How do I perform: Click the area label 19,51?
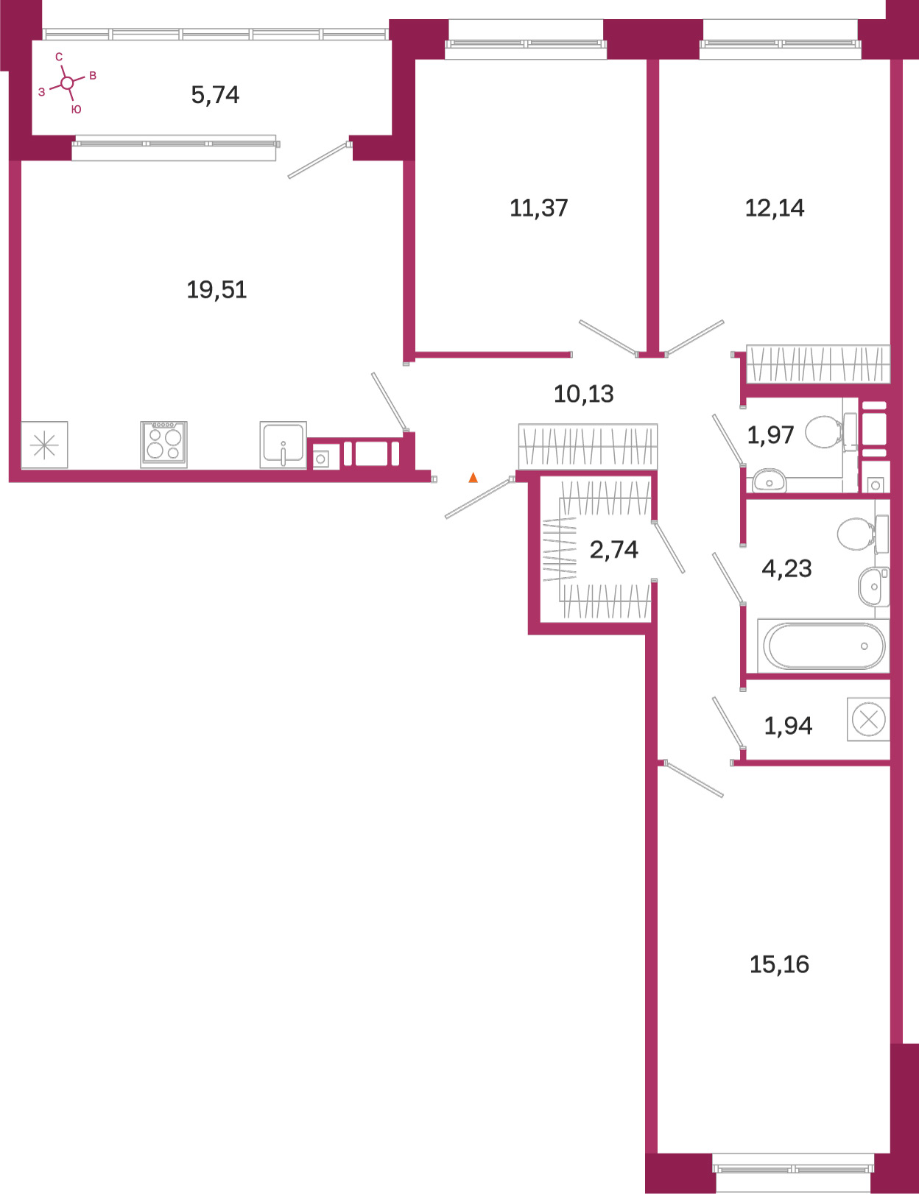[216, 289]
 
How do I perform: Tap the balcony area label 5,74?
[215, 94]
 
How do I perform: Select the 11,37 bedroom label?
[538, 208]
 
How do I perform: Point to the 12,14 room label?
[775, 208]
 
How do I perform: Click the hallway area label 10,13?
[583, 394]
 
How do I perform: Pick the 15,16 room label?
[779, 964]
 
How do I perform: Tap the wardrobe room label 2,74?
[614, 549]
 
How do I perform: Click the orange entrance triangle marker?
[473, 477]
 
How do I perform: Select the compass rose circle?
[67, 83]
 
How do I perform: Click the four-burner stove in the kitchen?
[163, 444]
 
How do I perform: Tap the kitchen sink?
[283, 445]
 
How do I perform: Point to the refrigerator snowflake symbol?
[44, 445]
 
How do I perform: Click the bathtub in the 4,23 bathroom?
[823, 646]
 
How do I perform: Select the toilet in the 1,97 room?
[831, 432]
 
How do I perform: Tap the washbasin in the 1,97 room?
[769, 481]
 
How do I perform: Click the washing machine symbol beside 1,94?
[868, 719]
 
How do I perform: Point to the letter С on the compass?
[59, 57]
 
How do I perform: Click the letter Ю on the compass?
[77, 110]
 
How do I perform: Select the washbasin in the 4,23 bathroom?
[873, 587]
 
